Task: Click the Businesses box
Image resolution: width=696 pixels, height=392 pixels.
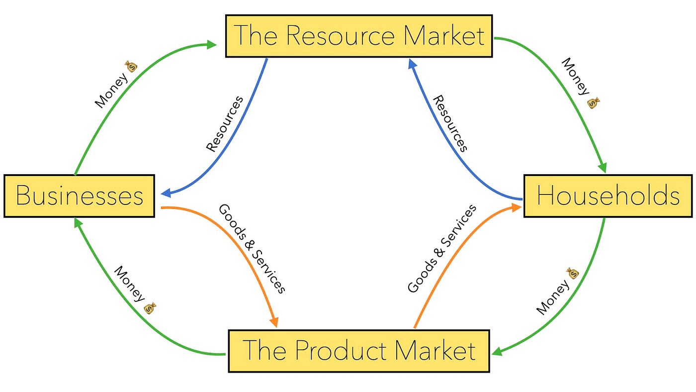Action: [x=80, y=196]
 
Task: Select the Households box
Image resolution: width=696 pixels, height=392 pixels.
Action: [x=608, y=196]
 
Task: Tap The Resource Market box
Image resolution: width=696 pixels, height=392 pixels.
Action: [x=358, y=36]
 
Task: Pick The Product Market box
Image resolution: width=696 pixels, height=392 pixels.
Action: [x=358, y=350]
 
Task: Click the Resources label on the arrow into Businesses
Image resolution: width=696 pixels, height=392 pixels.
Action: [x=225, y=123]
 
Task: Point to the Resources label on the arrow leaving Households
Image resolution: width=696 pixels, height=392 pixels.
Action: [x=450, y=123]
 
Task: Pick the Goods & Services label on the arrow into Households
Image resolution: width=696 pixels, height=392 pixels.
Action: [x=441, y=249]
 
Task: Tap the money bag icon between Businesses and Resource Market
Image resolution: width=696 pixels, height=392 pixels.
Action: [x=130, y=66]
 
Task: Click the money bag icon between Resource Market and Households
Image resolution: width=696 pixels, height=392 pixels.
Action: [x=593, y=103]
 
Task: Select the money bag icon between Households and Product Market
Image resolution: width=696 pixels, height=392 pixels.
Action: [x=573, y=273]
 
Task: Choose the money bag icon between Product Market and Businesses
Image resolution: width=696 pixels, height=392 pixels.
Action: [x=150, y=308]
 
